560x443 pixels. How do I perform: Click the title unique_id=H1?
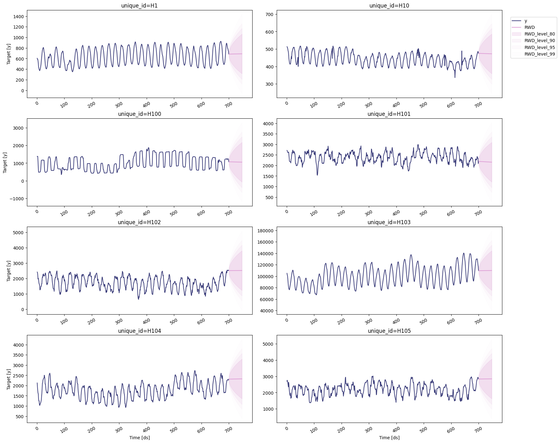[x=139, y=6]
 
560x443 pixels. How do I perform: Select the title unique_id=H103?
[x=389, y=222]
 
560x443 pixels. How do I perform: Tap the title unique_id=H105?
[x=389, y=331]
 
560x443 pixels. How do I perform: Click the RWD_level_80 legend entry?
[x=540, y=34]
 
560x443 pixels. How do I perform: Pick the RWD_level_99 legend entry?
[x=540, y=54]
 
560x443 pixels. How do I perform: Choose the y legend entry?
[x=526, y=21]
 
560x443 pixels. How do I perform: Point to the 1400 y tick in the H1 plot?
[x=18, y=17]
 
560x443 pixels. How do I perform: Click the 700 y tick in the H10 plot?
[x=269, y=14]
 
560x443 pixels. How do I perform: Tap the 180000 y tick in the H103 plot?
[x=265, y=231]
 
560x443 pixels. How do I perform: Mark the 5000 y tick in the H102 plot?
[x=18, y=233]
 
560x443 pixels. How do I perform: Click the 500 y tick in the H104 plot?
[x=19, y=417]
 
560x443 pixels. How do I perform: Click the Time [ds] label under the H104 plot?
[x=139, y=438]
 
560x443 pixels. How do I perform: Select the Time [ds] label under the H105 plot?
[x=389, y=438]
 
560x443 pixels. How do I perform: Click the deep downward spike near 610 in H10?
[x=455, y=77]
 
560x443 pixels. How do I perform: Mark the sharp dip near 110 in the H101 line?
[x=317, y=175]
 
